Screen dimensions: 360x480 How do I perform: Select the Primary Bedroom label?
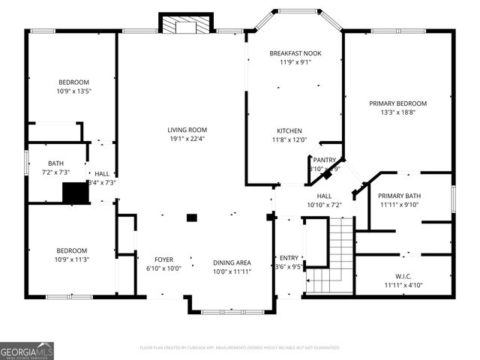(x=397, y=103)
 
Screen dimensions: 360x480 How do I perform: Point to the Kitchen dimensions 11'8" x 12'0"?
(x=289, y=139)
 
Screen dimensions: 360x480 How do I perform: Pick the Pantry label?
(x=324, y=160)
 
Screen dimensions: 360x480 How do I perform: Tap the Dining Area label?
(x=232, y=262)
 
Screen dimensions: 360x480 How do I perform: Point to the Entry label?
(x=289, y=257)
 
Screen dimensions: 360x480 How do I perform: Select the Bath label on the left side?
(x=56, y=163)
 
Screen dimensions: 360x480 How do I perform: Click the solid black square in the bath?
(x=75, y=193)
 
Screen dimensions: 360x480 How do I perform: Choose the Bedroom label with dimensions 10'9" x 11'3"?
(x=71, y=250)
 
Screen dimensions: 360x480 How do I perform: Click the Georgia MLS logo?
(x=27, y=350)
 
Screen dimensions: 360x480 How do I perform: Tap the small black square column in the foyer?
(x=191, y=217)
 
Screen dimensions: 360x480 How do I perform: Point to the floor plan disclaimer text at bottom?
(x=239, y=348)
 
